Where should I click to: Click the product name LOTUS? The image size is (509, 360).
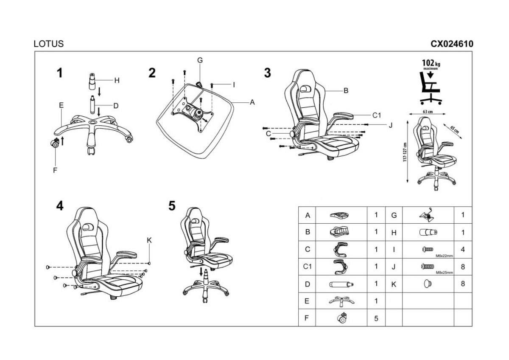click(x=48, y=44)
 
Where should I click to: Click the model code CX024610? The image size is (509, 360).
click(x=452, y=44)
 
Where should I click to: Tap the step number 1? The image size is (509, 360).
click(x=60, y=73)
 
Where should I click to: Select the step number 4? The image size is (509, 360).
click(x=60, y=206)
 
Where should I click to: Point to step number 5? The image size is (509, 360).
click(x=172, y=206)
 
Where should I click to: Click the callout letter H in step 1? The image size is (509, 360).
click(x=117, y=80)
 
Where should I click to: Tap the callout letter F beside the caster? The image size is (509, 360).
click(x=55, y=170)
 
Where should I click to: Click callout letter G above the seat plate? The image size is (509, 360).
click(x=200, y=60)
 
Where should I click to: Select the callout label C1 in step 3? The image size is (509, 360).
click(x=377, y=115)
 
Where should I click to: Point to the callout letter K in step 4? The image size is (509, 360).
click(x=149, y=240)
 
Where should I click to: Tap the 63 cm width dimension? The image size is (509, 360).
click(x=428, y=112)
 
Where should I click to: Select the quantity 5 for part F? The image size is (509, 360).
click(x=376, y=318)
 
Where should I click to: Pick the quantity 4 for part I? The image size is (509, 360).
click(x=463, y=250)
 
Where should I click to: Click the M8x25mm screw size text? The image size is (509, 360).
click(x=445, y=272)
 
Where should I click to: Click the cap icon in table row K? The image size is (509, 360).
click(x=427, y=283)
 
